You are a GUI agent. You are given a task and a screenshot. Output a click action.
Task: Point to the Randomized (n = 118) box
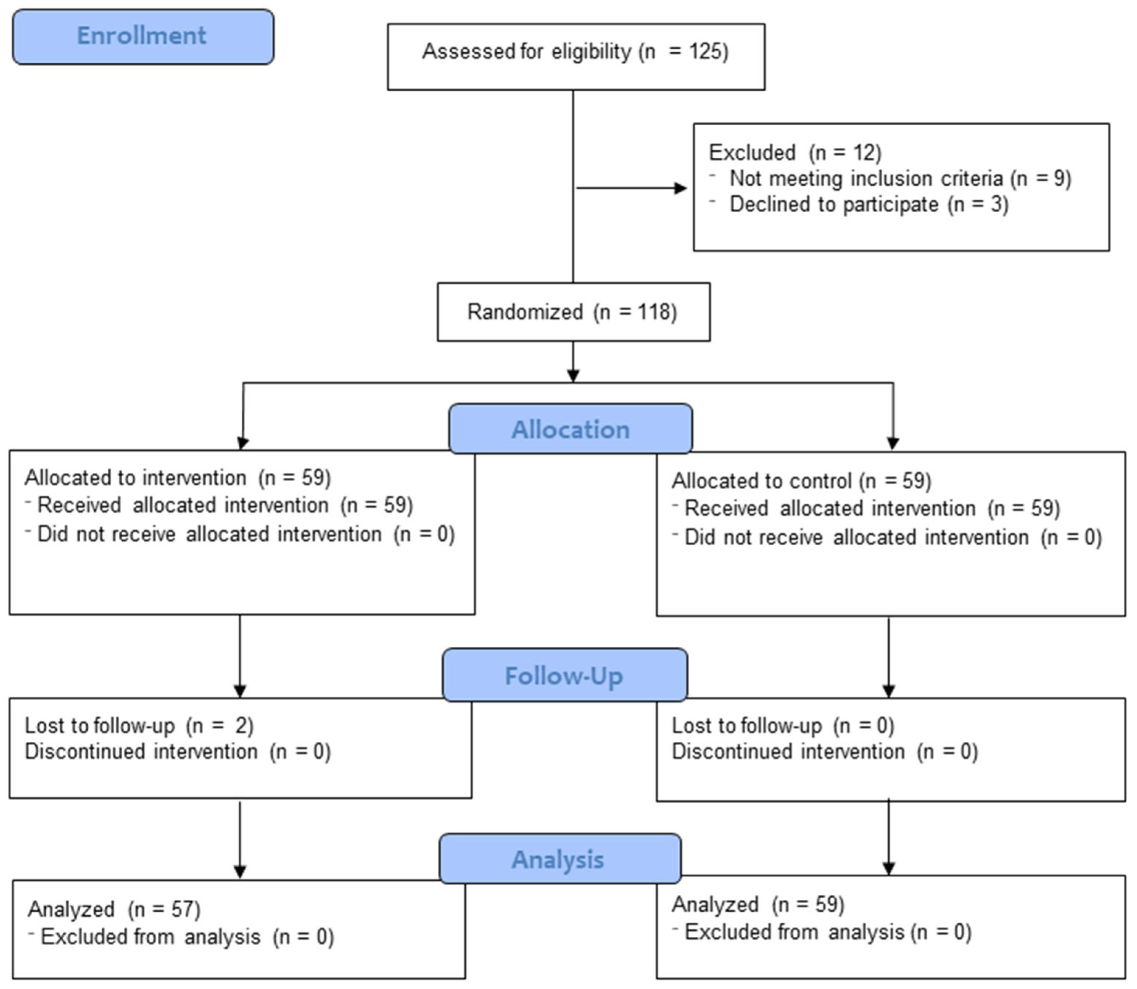(x=573, y=312)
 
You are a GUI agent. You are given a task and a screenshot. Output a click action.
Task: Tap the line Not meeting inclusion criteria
(x=900, y=179)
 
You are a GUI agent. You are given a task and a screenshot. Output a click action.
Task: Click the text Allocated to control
(x=762, y=481)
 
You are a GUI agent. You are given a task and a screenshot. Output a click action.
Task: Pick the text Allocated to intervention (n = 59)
(x=178, y=478)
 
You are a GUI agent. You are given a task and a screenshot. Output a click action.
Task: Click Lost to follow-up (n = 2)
(x=139, y=726)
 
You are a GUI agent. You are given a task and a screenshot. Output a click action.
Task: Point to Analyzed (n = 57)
(x=114, y=909)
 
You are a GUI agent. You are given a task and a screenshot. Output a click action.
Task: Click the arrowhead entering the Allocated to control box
(x=893, y=444)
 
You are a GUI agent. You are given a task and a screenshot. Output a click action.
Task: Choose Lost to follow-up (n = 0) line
(x=782, y=726)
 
